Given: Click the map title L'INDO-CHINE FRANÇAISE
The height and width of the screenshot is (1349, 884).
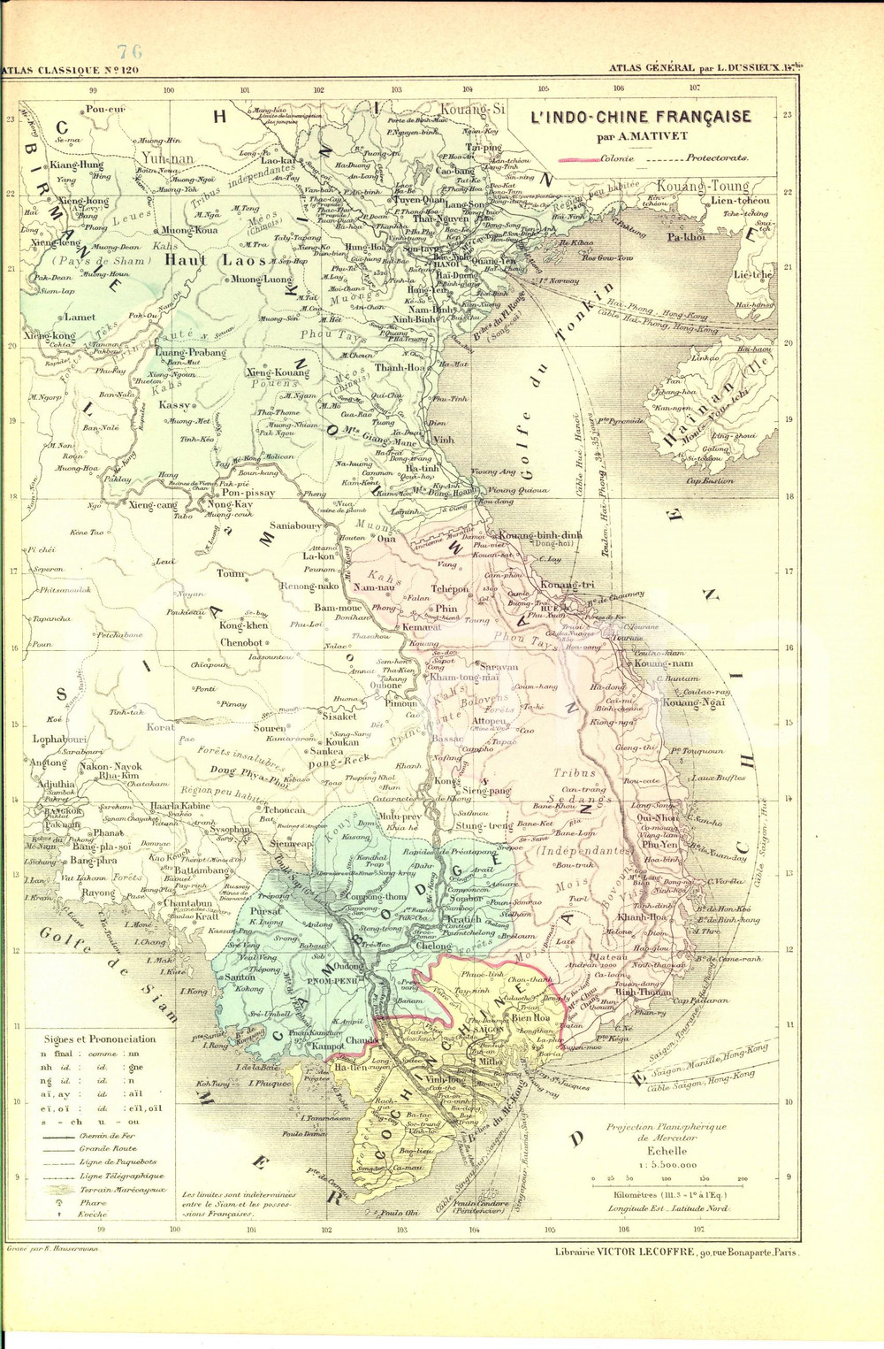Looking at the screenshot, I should point(640,118).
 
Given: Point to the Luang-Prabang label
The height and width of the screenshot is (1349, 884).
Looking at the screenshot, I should point(190,352).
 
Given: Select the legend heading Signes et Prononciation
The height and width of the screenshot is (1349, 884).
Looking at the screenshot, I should point(99,1039).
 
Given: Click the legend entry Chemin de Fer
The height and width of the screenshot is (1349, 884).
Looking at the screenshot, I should point(110,1136).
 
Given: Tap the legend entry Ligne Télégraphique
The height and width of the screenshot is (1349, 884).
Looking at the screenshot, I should point(122,1177).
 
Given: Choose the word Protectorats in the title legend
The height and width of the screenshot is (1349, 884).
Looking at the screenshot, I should point(717,158).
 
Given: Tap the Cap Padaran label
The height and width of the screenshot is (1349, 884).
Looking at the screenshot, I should point(701,1000).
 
